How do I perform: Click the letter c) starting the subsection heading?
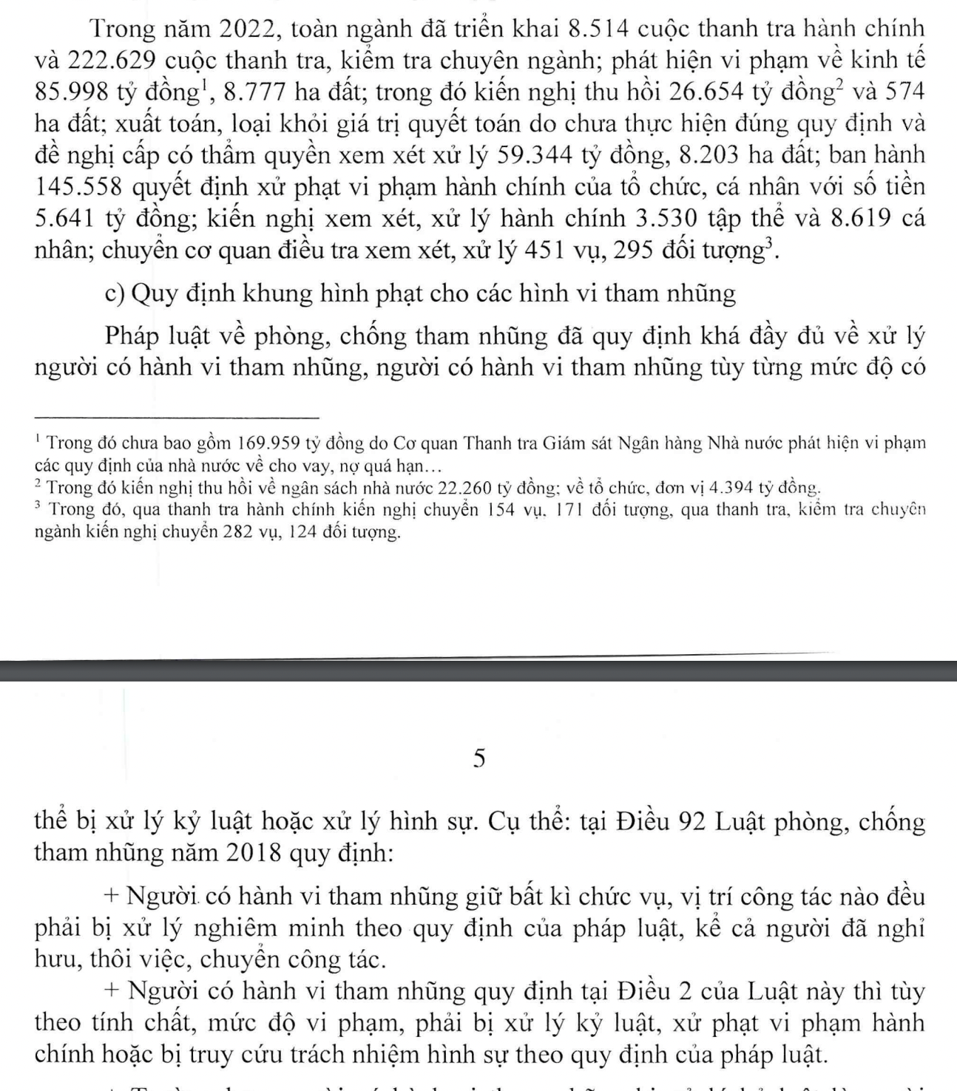115,294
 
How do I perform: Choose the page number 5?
479,758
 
